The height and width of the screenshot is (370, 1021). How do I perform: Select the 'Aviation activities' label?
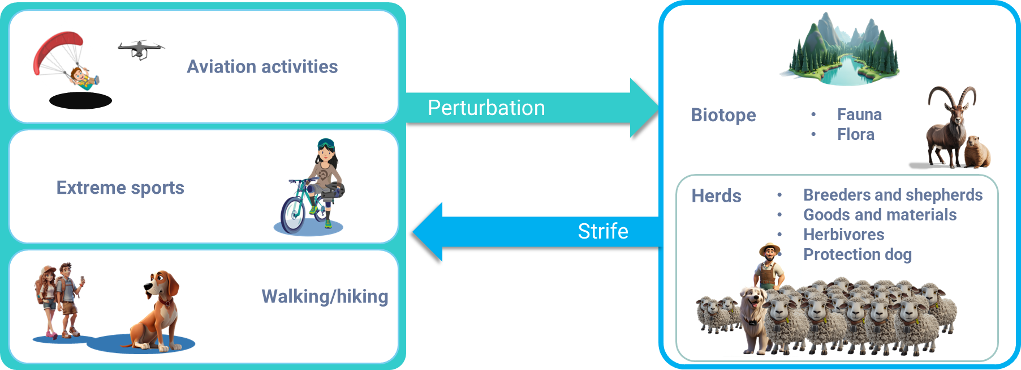click(x=262, y=67)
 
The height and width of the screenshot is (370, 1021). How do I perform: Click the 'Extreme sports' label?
click(x=120, y=188)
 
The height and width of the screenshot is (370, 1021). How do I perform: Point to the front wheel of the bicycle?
click(x=293, y=214)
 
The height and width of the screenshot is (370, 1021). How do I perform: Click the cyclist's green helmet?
click(x=325, y=144)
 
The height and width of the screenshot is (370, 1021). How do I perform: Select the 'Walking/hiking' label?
click(x=324, y=296)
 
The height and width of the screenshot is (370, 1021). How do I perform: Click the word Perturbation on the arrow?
click(x=486, y=108)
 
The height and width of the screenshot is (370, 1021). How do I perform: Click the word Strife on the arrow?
click(x=602, y=231)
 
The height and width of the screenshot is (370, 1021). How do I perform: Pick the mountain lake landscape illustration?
click(x=840, y=51)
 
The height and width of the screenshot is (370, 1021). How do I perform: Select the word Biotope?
click(x=723, y=115)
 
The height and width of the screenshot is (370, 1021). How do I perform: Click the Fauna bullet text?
click(x=859, y=114)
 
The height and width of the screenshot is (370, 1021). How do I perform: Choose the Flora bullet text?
click(x=855, y=134)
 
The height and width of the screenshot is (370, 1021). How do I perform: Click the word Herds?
click(x=716, y=196)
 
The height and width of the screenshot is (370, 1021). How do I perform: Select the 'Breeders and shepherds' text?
click(x=893, y=195)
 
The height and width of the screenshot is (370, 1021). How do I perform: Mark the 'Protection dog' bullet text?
click(x=857, y=254)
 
